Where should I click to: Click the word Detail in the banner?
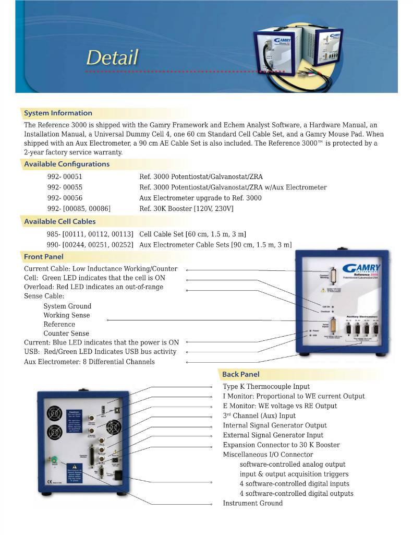pos(112,57)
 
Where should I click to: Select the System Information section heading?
pos(58,113)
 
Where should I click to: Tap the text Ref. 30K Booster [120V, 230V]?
pos(186,209)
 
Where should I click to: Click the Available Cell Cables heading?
pos(60,222)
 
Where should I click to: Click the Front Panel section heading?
pos(44,257)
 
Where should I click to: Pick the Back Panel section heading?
pos(240,374)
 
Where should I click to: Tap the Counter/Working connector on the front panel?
pos(334,278)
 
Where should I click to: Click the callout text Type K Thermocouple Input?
pos(266,387)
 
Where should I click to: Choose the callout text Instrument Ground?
pos(252,504)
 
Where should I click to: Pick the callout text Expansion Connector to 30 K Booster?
pos(281,445)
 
